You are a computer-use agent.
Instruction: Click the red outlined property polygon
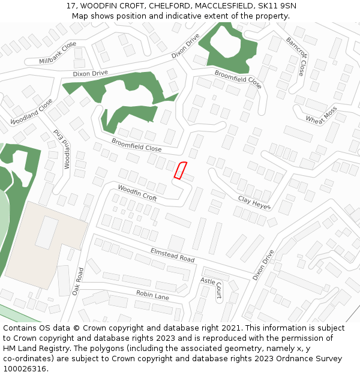[x=181, y=170]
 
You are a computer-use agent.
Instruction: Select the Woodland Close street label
[x=31, y=112]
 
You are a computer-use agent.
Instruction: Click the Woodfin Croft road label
[x=137, y=193]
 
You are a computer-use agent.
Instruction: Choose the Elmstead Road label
[x=172, y=254]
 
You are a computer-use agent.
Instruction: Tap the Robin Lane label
[x=152, y=295]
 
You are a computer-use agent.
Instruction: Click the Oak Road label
[x=77, y=281]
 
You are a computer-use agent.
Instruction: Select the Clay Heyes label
[x=254, y=203]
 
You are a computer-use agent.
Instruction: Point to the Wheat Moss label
[x=321, y=115]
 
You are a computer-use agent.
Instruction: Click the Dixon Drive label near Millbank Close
[x=91, y=73]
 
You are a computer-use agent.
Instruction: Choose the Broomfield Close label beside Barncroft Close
[x=238, y=79]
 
